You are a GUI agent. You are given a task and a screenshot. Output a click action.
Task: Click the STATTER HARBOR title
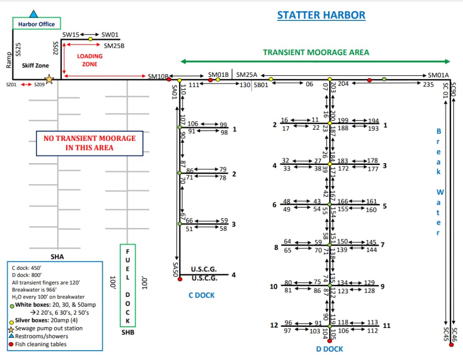pyautogui.click(x=321, y=15)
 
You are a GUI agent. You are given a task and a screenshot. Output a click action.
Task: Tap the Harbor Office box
pyautogui.click(x=36, y=24)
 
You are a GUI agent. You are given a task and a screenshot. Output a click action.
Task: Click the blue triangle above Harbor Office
pyautogui.click(x=33, y=14)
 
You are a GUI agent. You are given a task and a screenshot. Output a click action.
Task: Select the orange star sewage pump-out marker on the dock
pyautogui.click(x=50, y=80)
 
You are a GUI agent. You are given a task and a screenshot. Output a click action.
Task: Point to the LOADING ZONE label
pyautogui.click(x=90, y=60)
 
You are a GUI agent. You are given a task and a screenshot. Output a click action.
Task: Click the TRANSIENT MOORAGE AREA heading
pyautogui.click(x=316, y=52)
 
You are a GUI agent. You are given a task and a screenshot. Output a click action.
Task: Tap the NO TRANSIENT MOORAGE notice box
pyautogui.click(x=90, y=143)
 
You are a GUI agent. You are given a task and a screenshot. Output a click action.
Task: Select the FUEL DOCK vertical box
pyautogui.click(x=128, y=285)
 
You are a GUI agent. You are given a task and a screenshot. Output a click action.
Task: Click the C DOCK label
pyautogui.click(x=201, y=295)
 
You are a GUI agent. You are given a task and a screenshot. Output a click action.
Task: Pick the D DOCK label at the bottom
pyautogui.click(x=330, y=349)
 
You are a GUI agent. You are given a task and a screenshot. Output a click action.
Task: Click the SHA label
pyautogui.click(x=57, y=257)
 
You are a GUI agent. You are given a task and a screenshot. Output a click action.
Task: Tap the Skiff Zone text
pyautogui.click(x=35, y=66)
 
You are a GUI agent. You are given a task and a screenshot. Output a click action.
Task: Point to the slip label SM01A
pyautogui.click(x=438, y=75)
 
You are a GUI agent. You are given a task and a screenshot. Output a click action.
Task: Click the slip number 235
pyautogui.click(x=428, y=84)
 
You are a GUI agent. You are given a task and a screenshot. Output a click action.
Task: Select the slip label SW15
pyautogui.click(x=71, y=35)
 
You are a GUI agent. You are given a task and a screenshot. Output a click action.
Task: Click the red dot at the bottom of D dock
pyautogui.click(x=330, y=341)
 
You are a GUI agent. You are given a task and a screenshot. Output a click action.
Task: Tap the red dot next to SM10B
pyautogui.click(x=169, y=80)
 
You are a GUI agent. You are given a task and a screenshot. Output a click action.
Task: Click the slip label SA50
pyautogui.click(x=175, y=270)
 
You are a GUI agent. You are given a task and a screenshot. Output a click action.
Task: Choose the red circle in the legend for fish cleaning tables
pyautogui.click(x=11, y=344)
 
